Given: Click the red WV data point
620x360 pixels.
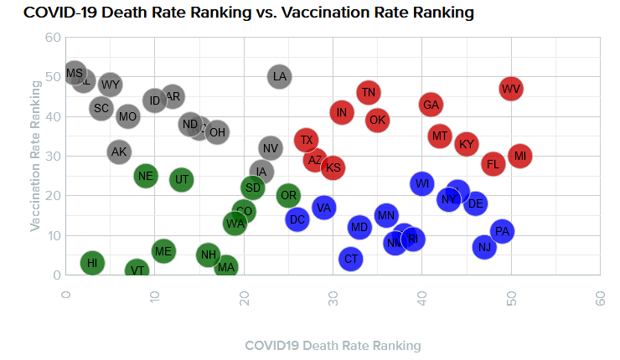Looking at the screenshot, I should [511, 89].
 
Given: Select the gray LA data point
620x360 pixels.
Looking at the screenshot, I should [280, 77].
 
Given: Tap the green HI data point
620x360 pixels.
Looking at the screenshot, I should [92, 263].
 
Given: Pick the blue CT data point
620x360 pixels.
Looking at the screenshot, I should [351, 259].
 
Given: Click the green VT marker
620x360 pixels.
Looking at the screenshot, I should [137, 270].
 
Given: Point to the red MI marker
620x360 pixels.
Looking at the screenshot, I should [520, 156].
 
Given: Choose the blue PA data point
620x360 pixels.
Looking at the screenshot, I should [502, 231].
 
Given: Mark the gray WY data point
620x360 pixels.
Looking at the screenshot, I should [111, 85].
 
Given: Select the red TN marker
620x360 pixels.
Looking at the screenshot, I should [369, 92].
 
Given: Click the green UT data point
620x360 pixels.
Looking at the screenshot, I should [182, 179].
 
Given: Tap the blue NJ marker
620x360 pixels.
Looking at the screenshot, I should [484, 247].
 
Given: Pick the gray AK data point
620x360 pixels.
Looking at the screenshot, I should [119, 152].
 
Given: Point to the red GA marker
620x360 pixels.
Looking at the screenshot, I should [431, 105].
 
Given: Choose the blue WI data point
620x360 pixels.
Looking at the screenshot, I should [422, 183].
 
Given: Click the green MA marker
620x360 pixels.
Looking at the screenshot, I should [226, 267].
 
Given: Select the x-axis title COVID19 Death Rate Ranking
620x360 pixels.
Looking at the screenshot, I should [333, 345].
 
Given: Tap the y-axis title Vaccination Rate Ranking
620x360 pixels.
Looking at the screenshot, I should [36, 156].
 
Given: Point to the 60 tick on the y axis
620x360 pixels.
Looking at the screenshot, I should [53, 38].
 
